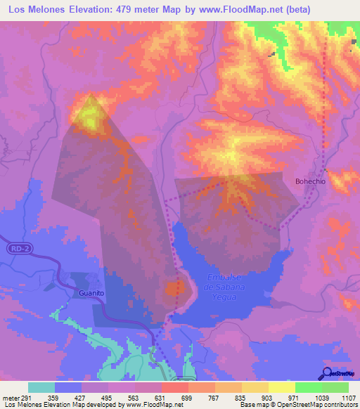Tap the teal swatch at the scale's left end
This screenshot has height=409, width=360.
(41, 387)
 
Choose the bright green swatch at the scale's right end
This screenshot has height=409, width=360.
(335, 387)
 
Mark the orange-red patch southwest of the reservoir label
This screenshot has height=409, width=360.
(174, 288)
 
